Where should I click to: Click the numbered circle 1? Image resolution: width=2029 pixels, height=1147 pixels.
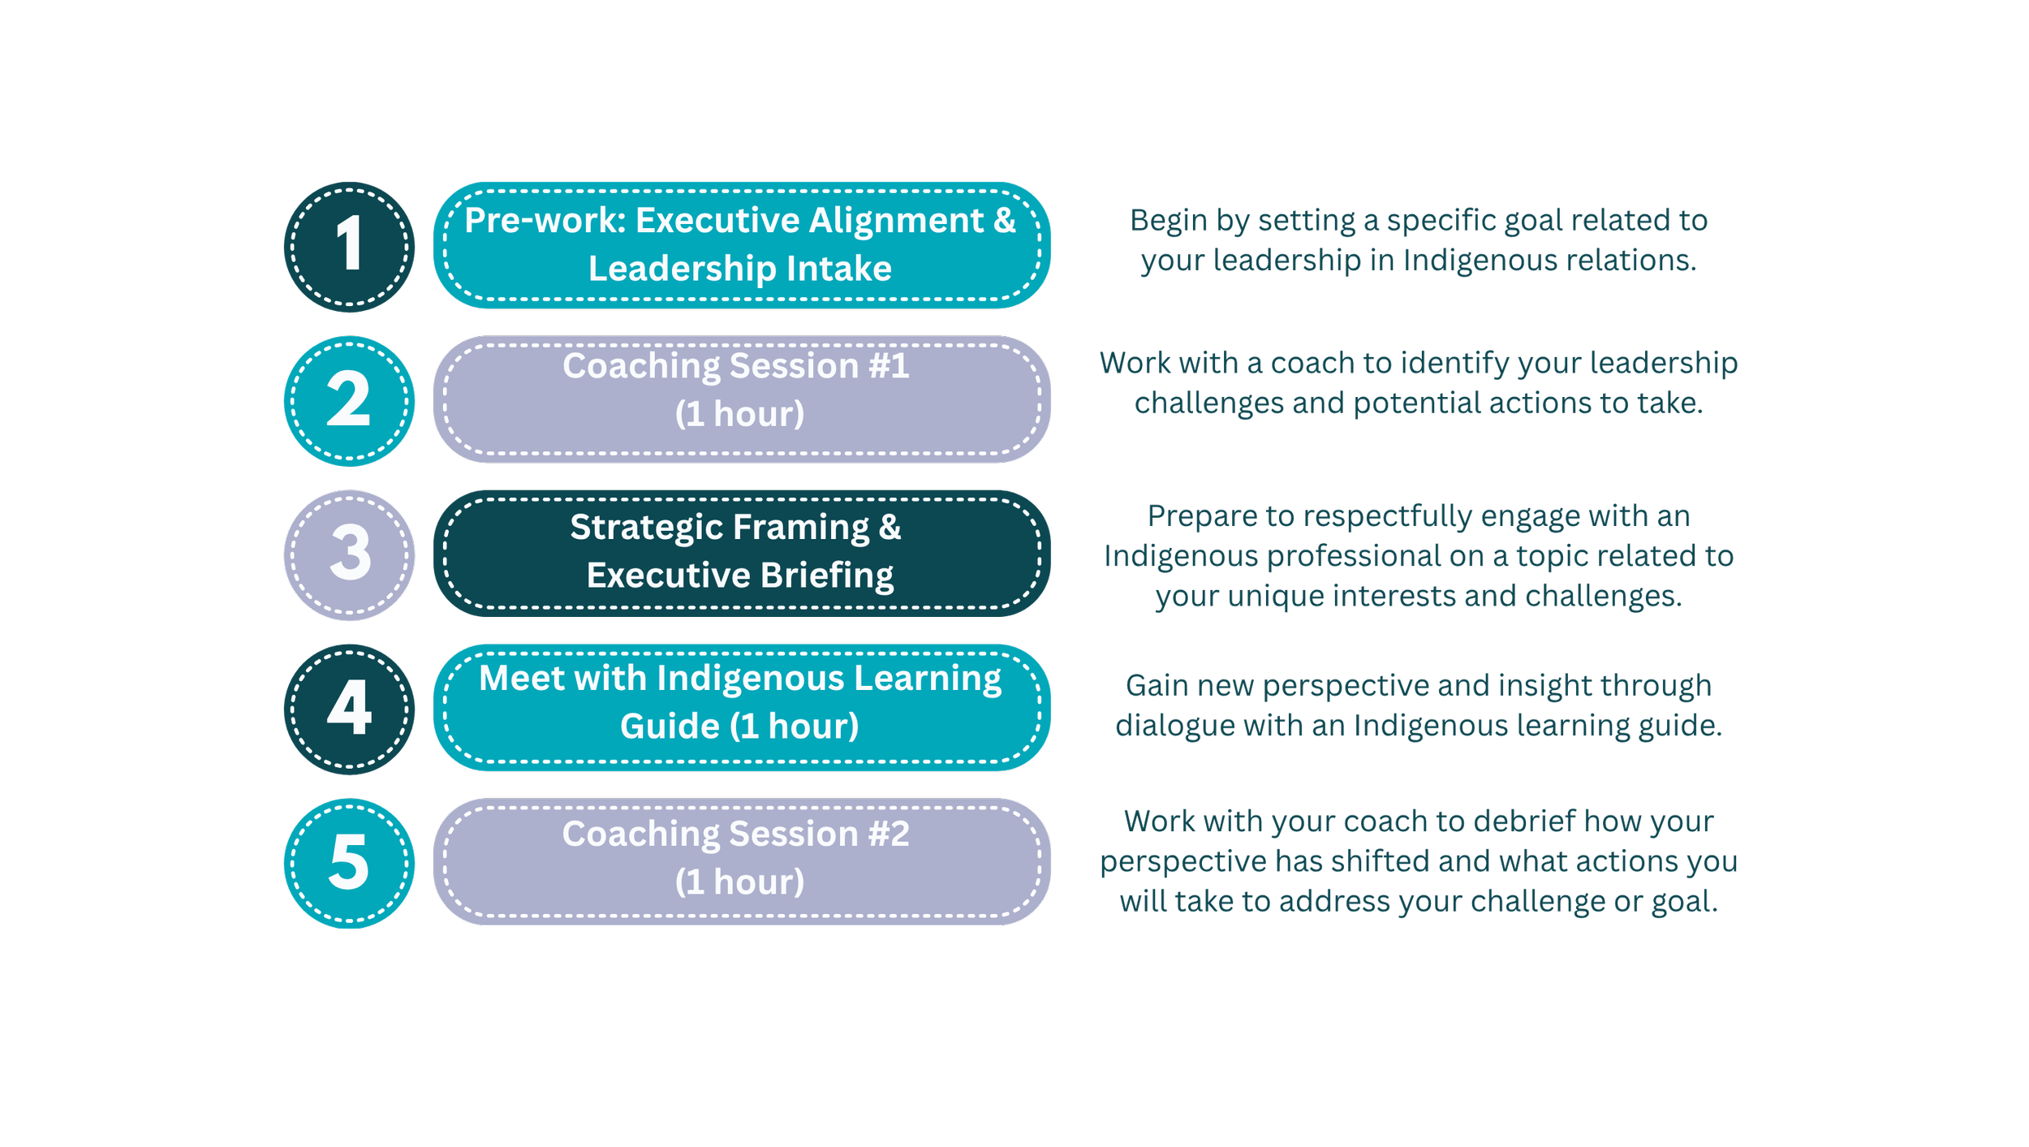point(349,247)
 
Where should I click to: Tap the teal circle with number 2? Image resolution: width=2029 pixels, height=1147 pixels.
point(349,401)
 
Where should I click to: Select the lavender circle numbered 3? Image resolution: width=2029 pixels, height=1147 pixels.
point(349,555)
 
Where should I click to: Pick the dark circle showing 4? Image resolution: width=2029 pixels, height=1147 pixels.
point(349,709)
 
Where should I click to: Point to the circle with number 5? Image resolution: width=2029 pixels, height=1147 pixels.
point(349,864)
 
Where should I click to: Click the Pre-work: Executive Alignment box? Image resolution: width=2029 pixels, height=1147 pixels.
point(742,245)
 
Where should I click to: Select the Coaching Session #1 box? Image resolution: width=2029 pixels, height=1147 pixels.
point(742,399)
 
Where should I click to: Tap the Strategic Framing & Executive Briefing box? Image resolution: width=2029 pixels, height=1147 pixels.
point(742,554)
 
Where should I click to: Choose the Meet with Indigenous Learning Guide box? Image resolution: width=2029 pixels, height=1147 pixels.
point(742,708)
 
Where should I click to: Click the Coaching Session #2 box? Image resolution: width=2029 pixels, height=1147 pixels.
point(742,862)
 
